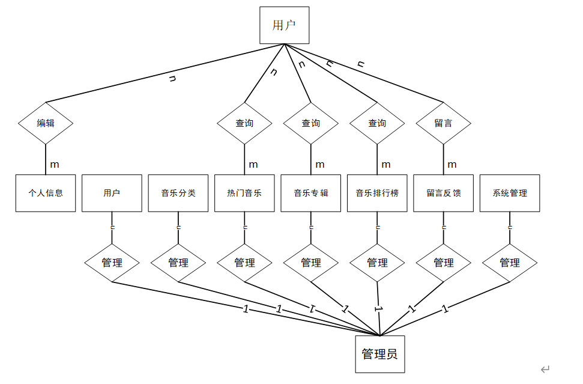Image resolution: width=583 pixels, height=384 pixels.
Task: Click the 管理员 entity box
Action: [x=379, y=354]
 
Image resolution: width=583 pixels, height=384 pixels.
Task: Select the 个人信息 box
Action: [x=46, y=193]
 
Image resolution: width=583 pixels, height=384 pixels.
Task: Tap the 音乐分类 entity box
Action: [x=178, y=193]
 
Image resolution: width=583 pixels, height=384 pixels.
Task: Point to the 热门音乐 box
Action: [x=244, y=193]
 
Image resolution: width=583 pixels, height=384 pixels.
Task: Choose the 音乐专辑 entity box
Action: [x=310, y=193]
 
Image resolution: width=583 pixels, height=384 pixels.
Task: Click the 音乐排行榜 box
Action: [x=377, y=193]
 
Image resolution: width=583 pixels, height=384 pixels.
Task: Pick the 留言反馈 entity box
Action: [x=443, y=193]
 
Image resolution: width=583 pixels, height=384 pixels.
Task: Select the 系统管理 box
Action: [x=510, y=193]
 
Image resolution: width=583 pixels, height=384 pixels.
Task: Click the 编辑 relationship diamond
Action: [x=46, y=123]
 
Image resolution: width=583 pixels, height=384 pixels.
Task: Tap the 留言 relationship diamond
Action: [x=443, y=123]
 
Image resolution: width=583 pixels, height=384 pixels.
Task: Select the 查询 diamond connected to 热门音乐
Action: [x=244, y=123]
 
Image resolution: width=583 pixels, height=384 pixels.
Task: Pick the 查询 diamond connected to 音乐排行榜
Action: [x=377, y=123]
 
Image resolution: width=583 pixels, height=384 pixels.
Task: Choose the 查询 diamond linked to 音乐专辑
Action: [x=310, y=123]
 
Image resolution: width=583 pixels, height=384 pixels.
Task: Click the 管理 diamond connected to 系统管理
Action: [x=510, y=263]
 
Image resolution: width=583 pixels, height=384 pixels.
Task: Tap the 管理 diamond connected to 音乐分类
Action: [x=178, y=263]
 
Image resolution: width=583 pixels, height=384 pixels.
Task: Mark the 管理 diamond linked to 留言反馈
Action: [x=443, y=263]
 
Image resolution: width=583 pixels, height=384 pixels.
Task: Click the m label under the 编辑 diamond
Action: [x=55, y=164]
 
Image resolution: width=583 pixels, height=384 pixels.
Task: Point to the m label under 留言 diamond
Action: [x=452, y=164]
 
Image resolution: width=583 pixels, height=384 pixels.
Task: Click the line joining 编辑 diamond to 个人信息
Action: [x=46, y=159]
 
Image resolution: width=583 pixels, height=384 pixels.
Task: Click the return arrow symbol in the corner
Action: [x=545, y=369]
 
